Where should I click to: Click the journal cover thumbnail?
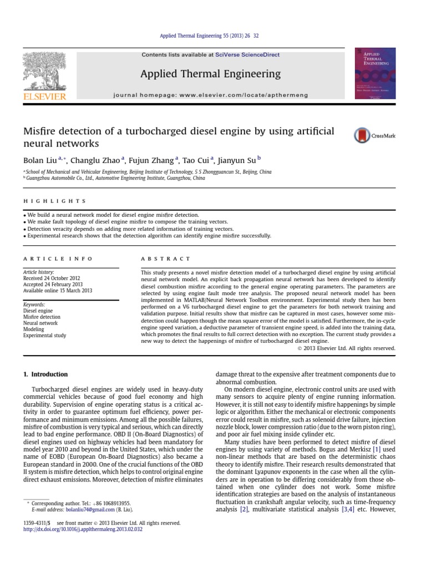[375, 73]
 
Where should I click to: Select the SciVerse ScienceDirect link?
[248, 55]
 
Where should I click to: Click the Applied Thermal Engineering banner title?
[210, 74]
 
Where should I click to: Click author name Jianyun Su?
[230, 160]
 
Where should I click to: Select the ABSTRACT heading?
[165, 258]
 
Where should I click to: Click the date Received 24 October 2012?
[51, 278]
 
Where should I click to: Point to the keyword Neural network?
[40, 323]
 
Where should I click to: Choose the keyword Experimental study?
[44, 336]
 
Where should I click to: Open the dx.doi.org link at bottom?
[83, 529]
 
